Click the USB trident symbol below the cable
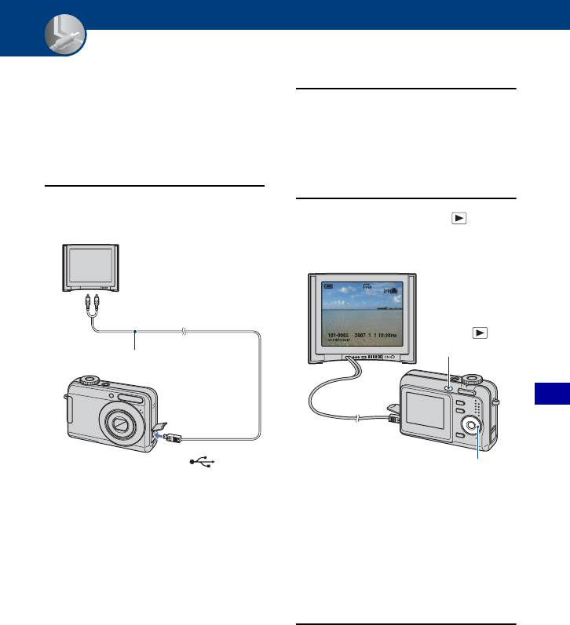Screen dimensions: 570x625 (x=200, y=463)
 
